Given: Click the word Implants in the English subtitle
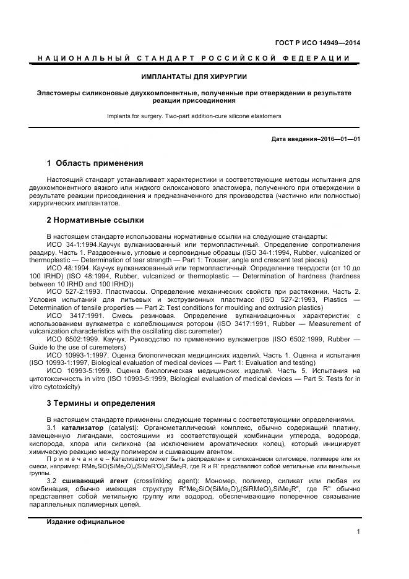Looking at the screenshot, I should point(118,116).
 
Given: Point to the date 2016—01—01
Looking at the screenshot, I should point(340,139).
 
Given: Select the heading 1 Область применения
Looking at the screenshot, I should point(95,163).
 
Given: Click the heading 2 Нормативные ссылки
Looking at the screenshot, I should point(95,220).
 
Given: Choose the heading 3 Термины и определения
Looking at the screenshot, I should point(101,403).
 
